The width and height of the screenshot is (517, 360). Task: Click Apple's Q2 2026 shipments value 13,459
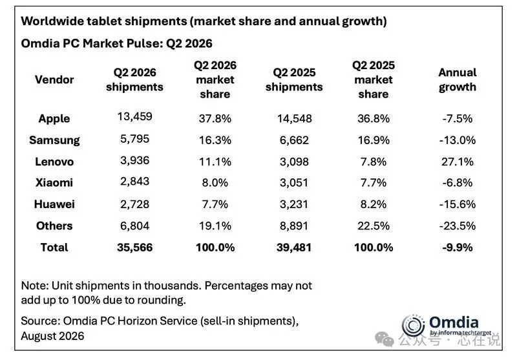pyautogui.click(x=135, y=117)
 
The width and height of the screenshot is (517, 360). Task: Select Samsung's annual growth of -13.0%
pyautogui.click(x=458, y=140)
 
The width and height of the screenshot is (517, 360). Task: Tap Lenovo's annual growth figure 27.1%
pyautogui.click(x=458, y=162)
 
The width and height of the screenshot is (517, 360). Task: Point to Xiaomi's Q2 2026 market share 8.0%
pyautogui.click(x=215, y=183)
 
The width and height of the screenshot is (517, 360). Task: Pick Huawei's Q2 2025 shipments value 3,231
pyautogui.click(x=294, y=204)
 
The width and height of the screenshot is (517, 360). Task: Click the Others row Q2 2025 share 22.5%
pyautogui.click(x=374, y=226)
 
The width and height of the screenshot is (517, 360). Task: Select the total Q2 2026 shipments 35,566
pyautogui.click(x=135, y=248)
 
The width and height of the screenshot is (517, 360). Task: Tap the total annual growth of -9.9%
pyautogui.click(x=458, y=248)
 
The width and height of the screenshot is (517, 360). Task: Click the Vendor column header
pyautogui.click(x=54, y=79)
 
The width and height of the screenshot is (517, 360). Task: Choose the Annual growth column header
pyautogui.click(x=458, y=79)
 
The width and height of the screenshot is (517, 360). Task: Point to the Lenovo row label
pyautogui.click(x=54, y=162)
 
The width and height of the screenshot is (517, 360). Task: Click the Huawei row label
pyautogui.click(x=54, y=204)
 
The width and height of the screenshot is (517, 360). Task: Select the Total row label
pyautogui.click(x=54, y=248)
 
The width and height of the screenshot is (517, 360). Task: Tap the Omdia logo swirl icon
pyautogui.click(x=413, y=326)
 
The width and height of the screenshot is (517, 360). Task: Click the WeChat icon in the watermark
pyautogui.click(x=384, y=339)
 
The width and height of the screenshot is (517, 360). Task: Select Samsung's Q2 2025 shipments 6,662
pyautogui.click(x=294, y=140)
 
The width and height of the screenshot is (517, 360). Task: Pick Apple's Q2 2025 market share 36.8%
pyautogui.click(x=374, y=119)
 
